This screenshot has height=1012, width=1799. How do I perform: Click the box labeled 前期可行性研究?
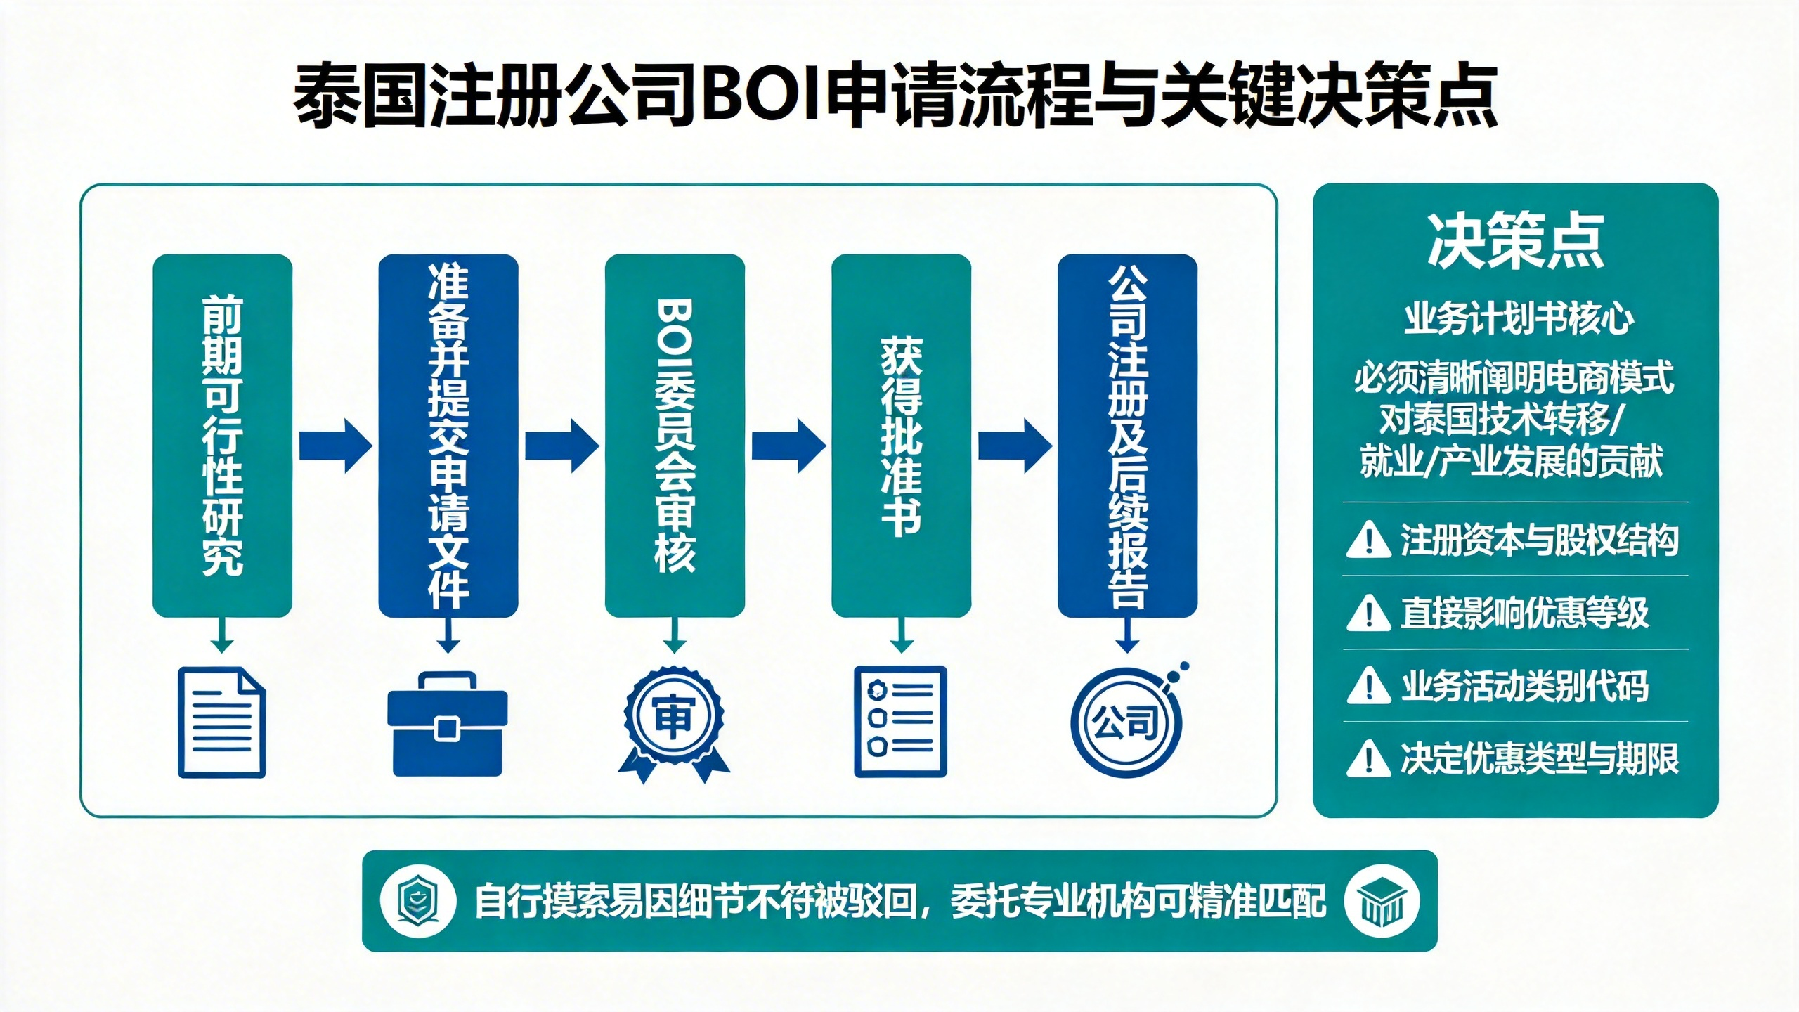tap(222, 436)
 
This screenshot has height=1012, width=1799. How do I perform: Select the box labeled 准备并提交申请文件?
tap(448, 436)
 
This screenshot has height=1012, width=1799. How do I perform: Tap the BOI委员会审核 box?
tap(675, 436)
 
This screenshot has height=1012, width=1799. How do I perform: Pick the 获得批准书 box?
tap(901, 436)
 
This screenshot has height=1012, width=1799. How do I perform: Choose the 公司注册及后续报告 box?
tap(1127, 436)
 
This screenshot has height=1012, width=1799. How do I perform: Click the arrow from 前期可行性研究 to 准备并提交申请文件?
tap(335, 446)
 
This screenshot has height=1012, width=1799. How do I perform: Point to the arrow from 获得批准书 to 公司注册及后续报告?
tap(1015, 446)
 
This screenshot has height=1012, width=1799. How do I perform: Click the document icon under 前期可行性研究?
tap(222, 722)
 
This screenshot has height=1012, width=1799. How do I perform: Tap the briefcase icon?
tap(448, 724)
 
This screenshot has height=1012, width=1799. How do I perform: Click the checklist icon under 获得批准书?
tap(900, 722)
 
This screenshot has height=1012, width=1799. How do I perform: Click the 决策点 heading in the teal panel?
tap(1515, 241)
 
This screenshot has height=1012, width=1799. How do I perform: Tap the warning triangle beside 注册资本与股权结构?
tap(1368, 540)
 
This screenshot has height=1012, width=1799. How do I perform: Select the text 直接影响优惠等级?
tap(1524, 613)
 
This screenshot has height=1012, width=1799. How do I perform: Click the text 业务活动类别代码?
tap(1524, 686)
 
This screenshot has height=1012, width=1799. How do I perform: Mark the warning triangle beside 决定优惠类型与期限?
tap(1368, 759)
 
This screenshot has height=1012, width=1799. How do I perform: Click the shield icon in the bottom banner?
tap(417, 901)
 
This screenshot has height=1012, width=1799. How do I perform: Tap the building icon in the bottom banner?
tap(1382, 901)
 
